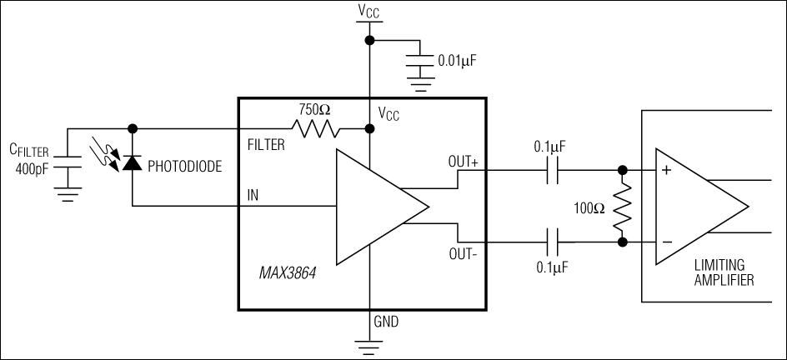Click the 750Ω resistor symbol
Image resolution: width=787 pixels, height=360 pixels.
pyautogui.click(x=316, y=129)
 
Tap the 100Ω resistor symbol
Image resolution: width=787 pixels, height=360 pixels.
pyautogui.click(x=621, y=207)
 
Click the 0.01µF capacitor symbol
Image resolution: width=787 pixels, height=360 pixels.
pyautogui.click(x=424, y=61)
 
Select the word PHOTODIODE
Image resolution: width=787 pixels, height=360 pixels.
pyautogui.click(x=184, y=167)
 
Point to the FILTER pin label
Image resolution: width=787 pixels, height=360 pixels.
pyautogui.click(x=267, y=145)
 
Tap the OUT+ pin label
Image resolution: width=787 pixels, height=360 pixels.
pyautogui.click(x=464, y=163)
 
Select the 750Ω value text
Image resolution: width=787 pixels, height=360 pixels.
pyautogui.click(x=315, y=109)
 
